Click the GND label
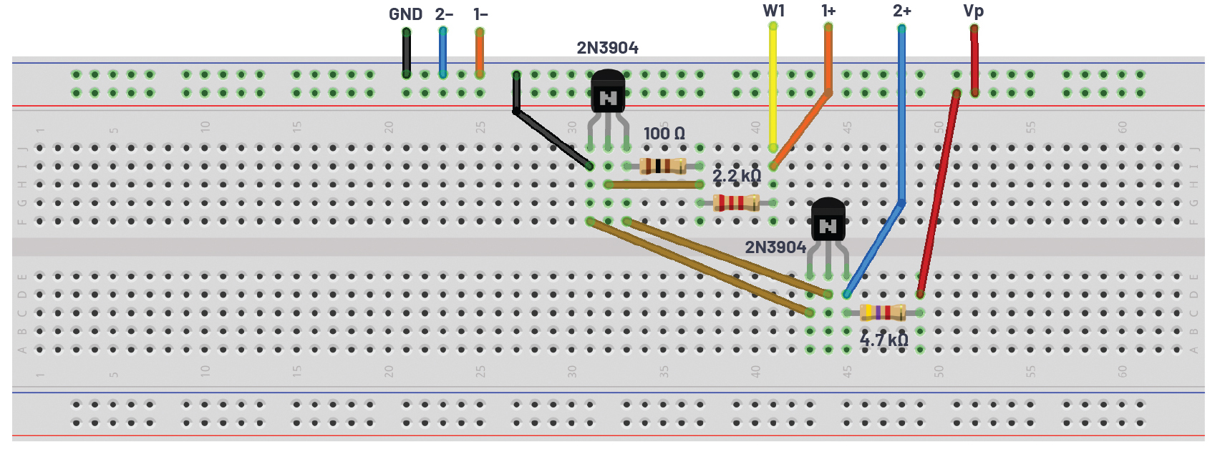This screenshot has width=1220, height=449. [x=405, y=14]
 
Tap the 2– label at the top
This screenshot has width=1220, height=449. [x=444, y=14]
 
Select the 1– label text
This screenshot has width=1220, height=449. [x=480, y=14]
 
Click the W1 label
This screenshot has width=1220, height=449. [x=773, y=11]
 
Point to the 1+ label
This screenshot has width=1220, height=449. [x=828, y=11]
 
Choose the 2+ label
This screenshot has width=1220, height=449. [x=902, y=11]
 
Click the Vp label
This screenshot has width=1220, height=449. [x=973, y=11]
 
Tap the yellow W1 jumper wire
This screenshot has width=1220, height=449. [x=773, y=87]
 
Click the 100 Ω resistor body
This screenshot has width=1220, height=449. [x=663, y=166]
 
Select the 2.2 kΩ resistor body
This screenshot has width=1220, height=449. [x=736, y=203]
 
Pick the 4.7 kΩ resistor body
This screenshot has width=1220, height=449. [x=883, y=312]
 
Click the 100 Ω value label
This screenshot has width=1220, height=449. [x=664, y=134]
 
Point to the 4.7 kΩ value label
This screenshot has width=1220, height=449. [x=884, y=340]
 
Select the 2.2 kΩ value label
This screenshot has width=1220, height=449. [x=737, y=176]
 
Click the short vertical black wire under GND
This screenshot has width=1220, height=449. [x=406, y=53]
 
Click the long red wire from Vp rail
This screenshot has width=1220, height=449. [x=938, y=194]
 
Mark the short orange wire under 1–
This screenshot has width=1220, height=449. [x=479, y=53]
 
